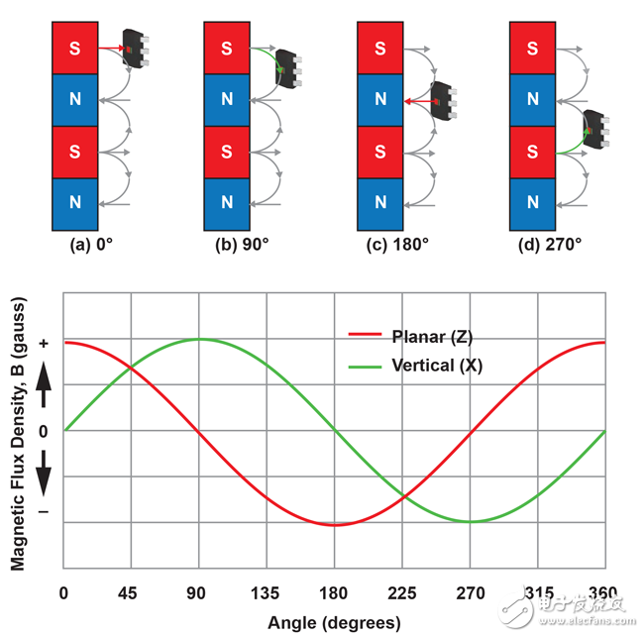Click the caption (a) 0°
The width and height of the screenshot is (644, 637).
pyautogui.click(x=91, y=245)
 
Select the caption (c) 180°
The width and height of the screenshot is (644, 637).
pyautogui.click(x=397, y=245)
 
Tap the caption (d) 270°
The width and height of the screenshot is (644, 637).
pyautogui.click(x=550, y=245)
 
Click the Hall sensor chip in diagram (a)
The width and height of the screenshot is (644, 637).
pyautogui.click(x=136, y=49)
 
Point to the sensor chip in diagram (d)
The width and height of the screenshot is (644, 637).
pyautogui.click(x=596, y=130)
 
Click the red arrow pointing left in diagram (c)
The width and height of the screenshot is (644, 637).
pyautogui.click(x=421, y=101)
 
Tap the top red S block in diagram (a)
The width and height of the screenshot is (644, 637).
pyautogui.click(x=74, y=49)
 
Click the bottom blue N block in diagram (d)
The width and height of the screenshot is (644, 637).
pyautogui.click(x=532, y=204)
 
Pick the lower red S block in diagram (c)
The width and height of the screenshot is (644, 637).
pyautogui.click(x=379, y=152)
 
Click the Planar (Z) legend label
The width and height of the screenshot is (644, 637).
pyautogui.click(x=432, y=337)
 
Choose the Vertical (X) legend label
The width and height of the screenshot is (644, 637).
pyautogui.click(x=437, y=366)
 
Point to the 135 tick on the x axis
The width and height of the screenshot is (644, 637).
pyautogui.click(x=265, y=593)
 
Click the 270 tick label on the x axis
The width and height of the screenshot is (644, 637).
pyautogui.click(x=471, y=593)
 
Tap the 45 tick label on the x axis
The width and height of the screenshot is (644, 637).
pyautogui.click(x=128, y=593)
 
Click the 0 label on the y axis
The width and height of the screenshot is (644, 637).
pyautogui.click(x=44, y=432)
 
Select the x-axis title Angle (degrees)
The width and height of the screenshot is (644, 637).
pyautogui.click(x=334, y=623)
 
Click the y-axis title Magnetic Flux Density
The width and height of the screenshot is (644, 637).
pyautogui.click(x=18, y=433)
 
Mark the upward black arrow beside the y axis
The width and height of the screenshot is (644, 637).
pyautogui.click(x=44, y=384)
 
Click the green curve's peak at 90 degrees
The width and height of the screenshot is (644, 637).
pyautogui.click(x=199, y=339)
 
